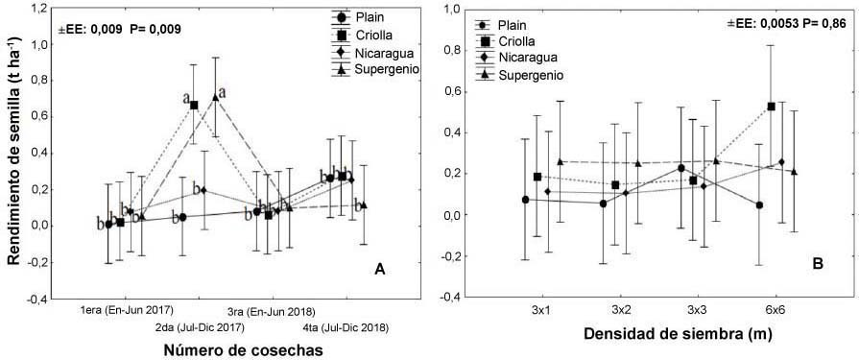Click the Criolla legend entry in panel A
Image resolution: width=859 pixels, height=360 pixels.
click(366, 36)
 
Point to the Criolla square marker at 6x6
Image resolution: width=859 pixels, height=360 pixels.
click(772, 107)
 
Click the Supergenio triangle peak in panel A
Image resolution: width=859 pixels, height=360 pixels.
click(215, 97)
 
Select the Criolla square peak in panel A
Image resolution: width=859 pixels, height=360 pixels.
click(194, 105)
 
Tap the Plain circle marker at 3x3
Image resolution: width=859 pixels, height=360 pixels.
click(680, 168)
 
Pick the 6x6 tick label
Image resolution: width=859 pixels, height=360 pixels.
click(775, 311)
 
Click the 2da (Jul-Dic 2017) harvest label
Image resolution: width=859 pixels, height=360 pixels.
click(200, 328)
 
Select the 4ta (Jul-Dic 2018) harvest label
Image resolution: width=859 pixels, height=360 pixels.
click(346, 328)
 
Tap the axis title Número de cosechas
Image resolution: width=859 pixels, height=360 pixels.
click(240, 349)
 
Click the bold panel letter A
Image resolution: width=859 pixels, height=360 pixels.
click(379, 269)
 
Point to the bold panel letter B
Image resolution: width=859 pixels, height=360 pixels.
click(818, 264)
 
